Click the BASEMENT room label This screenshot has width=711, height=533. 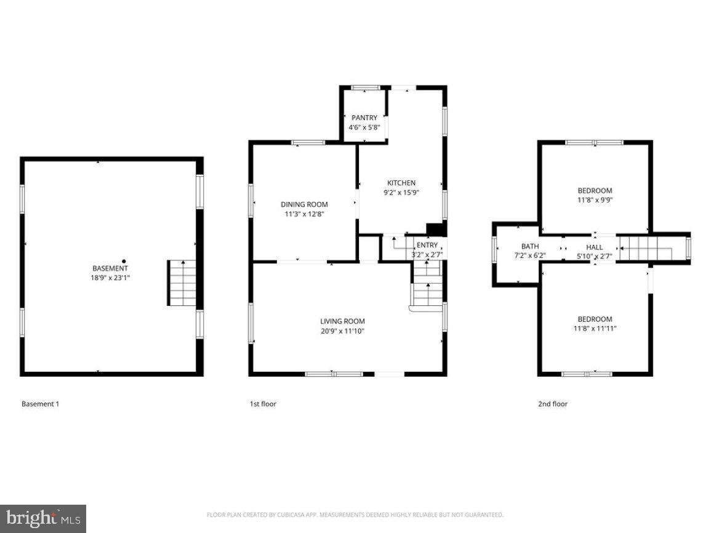110,268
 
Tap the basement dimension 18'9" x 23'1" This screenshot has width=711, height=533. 110,278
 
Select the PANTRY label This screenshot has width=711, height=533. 364,118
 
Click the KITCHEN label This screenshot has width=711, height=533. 401,183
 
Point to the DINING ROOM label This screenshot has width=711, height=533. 304,204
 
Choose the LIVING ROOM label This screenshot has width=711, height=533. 342,321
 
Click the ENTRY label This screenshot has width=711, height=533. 427,245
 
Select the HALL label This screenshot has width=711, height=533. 594,246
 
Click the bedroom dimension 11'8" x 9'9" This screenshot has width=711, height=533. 595,199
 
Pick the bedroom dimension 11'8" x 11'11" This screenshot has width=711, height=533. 595,328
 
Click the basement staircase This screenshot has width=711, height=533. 182,283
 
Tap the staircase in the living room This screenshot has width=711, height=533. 427,284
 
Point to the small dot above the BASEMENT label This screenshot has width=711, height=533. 124,261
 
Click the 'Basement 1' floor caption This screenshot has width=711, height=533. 40,404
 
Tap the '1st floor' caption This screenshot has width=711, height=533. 263,404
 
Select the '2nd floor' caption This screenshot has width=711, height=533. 553,404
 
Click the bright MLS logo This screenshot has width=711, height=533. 42,518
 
